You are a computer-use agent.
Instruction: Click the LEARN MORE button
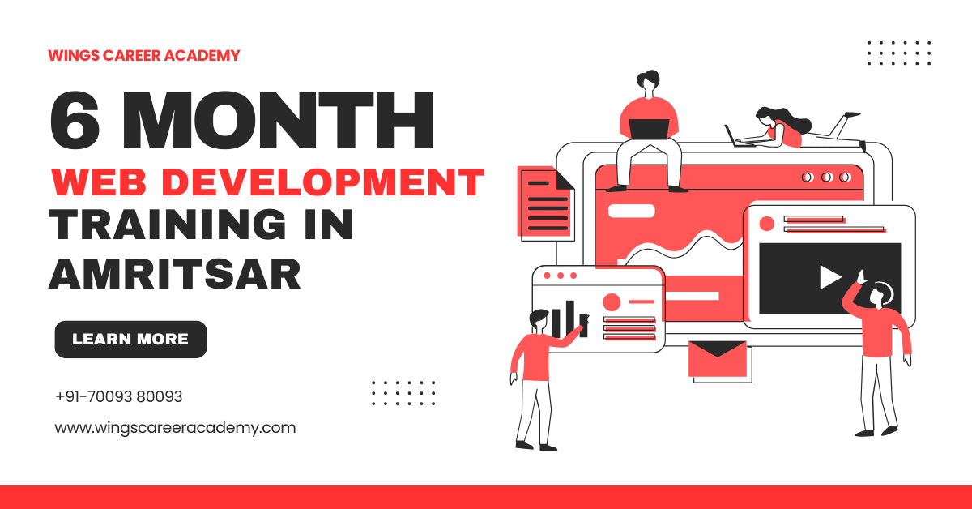coord(130,339)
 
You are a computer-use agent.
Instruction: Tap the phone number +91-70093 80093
coord(119,396)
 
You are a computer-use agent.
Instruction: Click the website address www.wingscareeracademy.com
coord(175,428)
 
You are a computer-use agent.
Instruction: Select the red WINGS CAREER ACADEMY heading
coord(144,56)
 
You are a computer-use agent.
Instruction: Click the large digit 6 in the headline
coord(75,120)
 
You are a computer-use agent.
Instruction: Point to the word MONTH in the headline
coord(278,120)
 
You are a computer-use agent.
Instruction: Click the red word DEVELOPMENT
coord(323,182)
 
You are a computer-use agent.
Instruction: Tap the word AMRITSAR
coord(174,274)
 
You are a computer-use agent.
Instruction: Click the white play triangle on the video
coord(829,277)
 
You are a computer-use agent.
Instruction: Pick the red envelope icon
coord(718,359)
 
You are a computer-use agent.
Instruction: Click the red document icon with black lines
coord(545,203)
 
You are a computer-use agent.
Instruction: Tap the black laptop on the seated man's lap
coord(649,129)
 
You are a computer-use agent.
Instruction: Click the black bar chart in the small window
coord(569,319)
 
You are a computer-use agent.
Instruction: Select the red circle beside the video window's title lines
coord(767,224)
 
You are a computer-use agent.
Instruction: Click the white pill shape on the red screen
coord(631,211)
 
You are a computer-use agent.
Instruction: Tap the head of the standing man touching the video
coord(879,296)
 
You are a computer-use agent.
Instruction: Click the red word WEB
coord(99,182)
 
